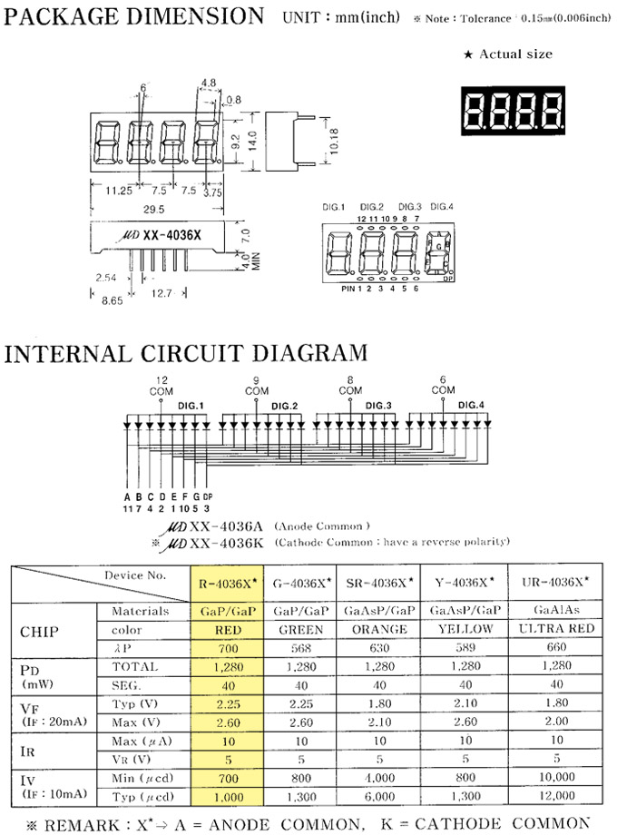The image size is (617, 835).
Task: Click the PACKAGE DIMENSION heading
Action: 134,16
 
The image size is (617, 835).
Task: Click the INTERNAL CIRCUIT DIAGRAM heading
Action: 186,352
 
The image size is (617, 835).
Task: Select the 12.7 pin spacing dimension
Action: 162,292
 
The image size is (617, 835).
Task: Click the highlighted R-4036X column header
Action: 227,581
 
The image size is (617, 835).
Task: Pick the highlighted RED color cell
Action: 227,629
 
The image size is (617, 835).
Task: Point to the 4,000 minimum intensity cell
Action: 381,777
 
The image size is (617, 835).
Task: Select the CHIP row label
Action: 41,629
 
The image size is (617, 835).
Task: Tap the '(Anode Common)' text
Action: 322,526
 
